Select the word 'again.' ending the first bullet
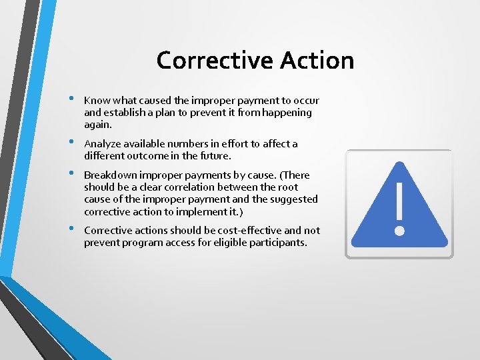[98, 125]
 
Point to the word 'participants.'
[277, 243]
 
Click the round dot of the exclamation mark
[399, 231]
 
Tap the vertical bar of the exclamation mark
[399, 203]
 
